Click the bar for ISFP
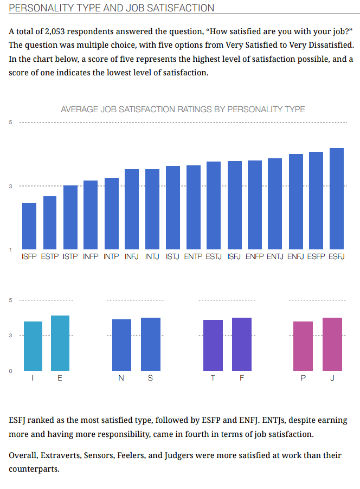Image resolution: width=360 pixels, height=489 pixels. coord(29,226)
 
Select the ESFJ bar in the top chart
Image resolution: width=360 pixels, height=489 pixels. coord(337,198)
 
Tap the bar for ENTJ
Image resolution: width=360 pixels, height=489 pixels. coord(275,204)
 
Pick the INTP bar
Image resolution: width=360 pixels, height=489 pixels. coord(112,214)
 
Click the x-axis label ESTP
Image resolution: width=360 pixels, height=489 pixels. coord(50,256)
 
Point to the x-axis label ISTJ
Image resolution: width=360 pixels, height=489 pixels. coord(173,256)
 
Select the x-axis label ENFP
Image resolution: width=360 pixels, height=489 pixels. coord(255,256)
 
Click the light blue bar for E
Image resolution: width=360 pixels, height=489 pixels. coord(60,343)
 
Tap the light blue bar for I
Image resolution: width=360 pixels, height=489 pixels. coord(33,346)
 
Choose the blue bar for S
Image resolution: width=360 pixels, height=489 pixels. coord(150,344)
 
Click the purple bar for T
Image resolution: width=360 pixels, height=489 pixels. coord(213,345)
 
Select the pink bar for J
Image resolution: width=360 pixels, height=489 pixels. coord(332,344)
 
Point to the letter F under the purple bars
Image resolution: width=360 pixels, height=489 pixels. coord(241,378)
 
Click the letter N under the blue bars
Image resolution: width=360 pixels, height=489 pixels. coord(121,378)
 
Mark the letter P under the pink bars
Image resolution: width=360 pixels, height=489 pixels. coord(303,378)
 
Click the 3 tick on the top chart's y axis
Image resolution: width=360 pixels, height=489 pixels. coord(10,186)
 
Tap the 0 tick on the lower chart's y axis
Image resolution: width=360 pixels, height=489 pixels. coord(10,371)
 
